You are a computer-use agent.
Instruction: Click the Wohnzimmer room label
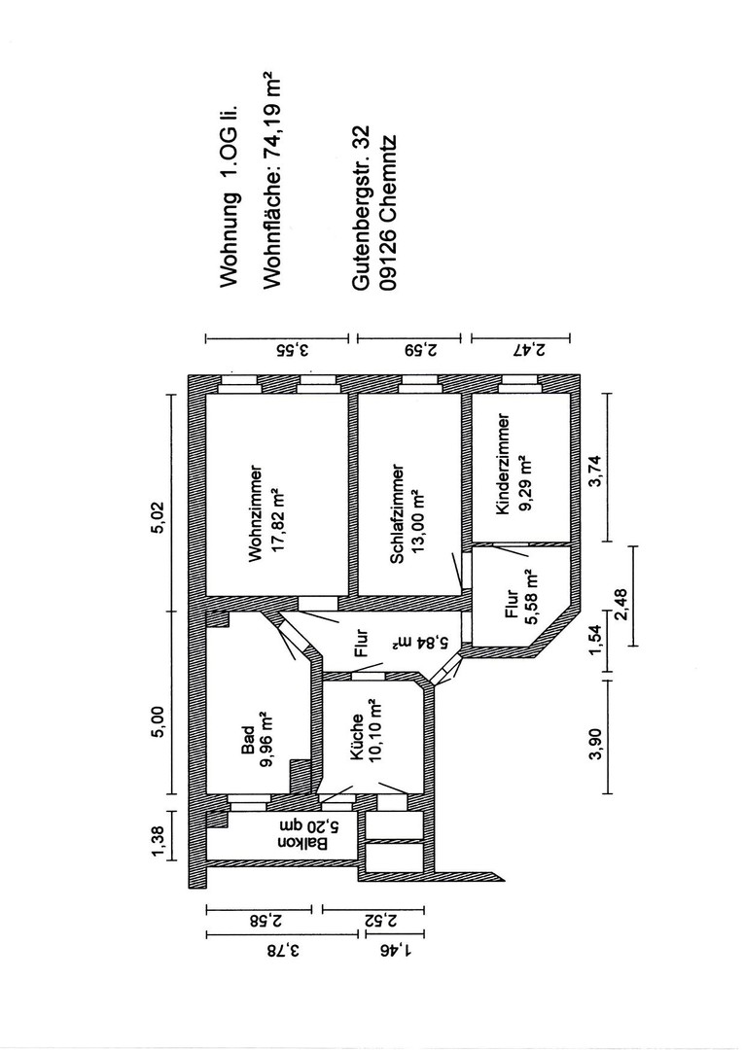pyautogui.click(x=255, y=513)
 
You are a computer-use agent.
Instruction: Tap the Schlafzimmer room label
pyautogui.click(x=397, y=513)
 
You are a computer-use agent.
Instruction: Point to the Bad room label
pyautogui.click(x=248, y=741)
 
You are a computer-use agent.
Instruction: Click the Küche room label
pyautogui.click(x=357, y=737)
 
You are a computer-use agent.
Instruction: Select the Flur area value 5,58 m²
pyautogui.click(x=531, y=597)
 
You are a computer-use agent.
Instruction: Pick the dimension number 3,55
pyautogui.click(x=294, y=350)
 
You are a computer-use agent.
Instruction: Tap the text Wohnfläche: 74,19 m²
pyautogui.click(x=269, y=182)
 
